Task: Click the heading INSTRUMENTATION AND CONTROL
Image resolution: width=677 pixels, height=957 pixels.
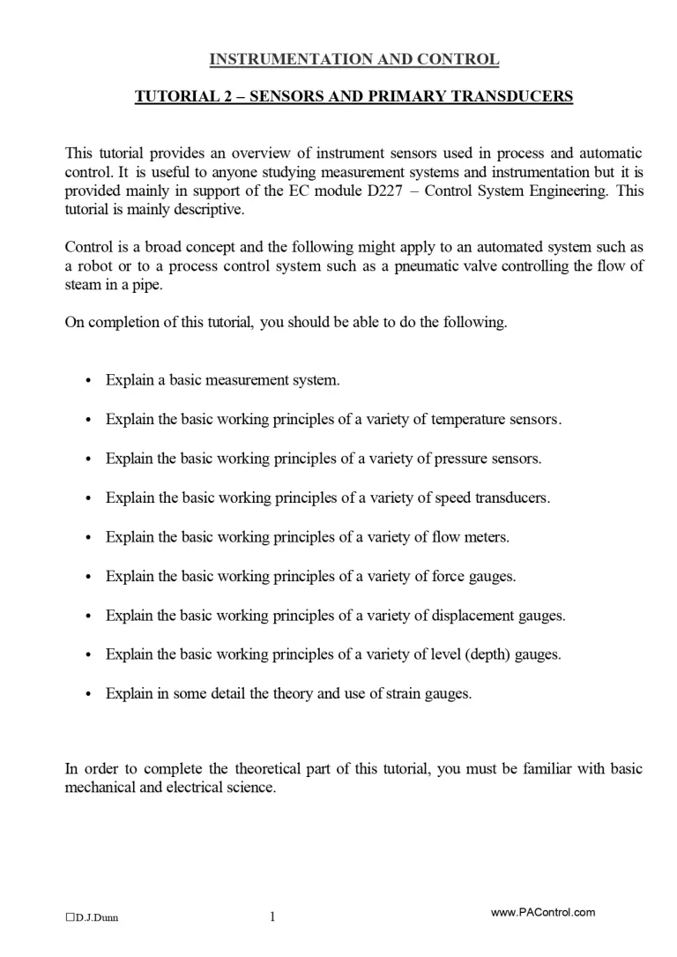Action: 353,60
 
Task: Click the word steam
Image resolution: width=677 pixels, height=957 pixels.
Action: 83,286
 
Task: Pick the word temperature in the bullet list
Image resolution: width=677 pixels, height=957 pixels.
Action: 472,420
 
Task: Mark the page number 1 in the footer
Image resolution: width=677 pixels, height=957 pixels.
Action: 272,916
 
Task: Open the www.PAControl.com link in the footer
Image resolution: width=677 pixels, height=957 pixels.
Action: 542,913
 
